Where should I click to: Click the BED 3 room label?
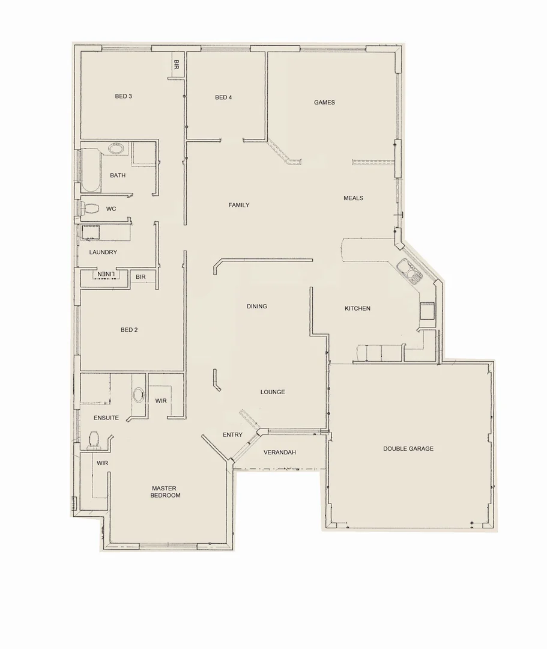[123, 96]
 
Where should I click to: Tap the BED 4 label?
[223, 97]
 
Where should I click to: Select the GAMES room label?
[324, 102]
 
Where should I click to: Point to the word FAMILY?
[238, 205]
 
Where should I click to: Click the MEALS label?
[353, 198]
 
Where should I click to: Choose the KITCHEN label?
[357, 308]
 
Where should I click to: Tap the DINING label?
[256, 306]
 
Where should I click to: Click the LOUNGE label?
[273, 392]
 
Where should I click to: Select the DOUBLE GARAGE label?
[408, 448]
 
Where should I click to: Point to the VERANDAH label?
[280, 452]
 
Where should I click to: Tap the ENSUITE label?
[106, 418]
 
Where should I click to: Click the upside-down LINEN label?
[106, 275]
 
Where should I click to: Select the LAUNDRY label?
[103, 252]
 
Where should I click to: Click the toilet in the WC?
[90, 209]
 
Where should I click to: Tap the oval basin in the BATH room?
[116, 148]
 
